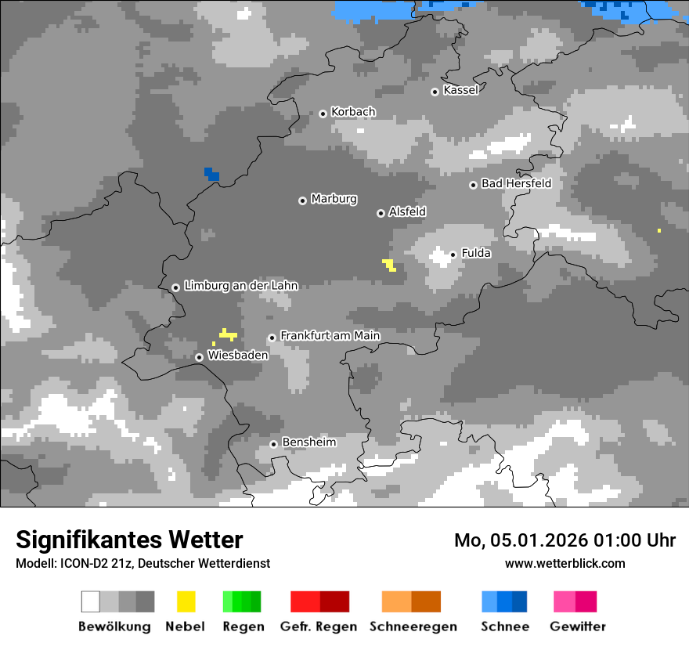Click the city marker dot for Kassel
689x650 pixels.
point(435,92)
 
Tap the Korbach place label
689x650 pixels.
point(353,112)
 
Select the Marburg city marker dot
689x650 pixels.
point(302,200)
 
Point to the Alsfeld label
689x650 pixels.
point(407,211)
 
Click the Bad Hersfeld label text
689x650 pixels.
point(516,183)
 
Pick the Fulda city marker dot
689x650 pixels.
point(453,255)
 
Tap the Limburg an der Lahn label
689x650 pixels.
point(241,286)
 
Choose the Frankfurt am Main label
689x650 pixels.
point(330,335)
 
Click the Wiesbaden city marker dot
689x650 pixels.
point(199,357)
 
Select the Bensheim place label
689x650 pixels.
point(308,442)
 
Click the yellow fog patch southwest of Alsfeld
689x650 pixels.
point(388,265)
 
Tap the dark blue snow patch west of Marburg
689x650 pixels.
point(211,174)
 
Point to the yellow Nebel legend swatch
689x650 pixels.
point(186,601)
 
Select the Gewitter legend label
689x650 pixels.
point(578,627)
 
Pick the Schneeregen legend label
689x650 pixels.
point(413,627)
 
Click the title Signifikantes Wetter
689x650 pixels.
point(129,540)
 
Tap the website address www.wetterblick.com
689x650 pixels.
point(565,563)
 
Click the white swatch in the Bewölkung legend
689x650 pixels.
point(91,601)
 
